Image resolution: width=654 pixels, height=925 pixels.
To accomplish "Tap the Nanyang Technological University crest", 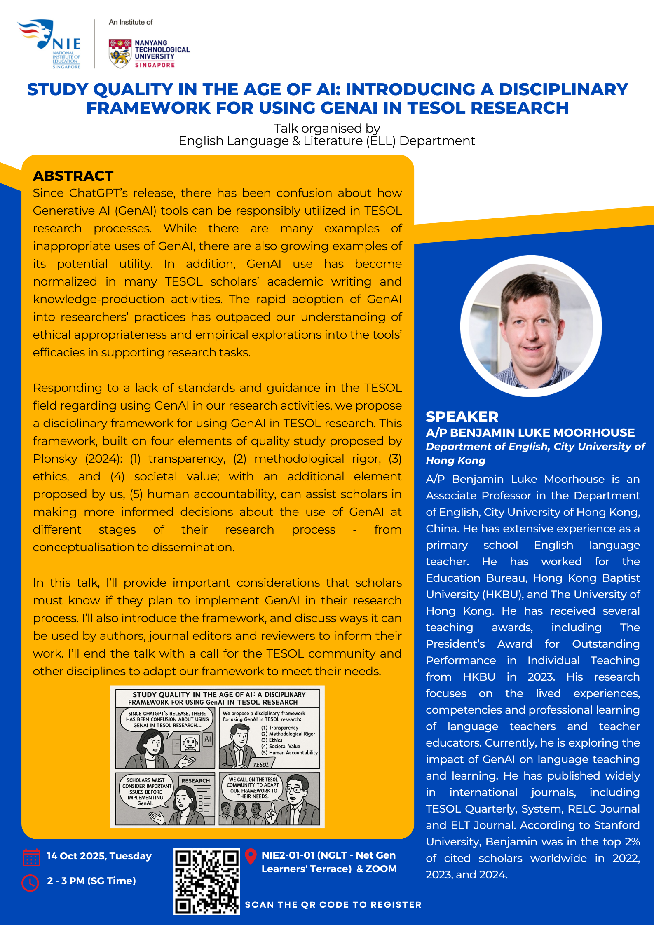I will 120,53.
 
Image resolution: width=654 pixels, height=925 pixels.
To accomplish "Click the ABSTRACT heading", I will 73,176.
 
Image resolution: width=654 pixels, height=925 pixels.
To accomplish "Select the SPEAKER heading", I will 462,417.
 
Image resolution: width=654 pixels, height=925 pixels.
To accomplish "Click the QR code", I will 207,881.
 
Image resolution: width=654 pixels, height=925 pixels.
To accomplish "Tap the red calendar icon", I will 31,858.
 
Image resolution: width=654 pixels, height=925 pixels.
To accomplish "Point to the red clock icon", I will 30,882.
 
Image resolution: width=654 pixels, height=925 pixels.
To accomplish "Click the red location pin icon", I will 251,856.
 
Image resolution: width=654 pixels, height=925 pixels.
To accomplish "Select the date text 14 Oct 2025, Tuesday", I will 99,856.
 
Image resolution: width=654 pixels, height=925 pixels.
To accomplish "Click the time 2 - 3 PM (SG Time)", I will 91,881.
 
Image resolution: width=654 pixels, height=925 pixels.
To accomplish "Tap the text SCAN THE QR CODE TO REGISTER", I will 333,904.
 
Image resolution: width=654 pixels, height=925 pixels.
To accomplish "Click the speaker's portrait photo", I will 531,326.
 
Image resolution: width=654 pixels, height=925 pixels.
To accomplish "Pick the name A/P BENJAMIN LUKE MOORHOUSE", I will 530,433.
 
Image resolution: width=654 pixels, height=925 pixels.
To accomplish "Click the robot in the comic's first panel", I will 190,743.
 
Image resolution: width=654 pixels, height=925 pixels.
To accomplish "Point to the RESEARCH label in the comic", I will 196,781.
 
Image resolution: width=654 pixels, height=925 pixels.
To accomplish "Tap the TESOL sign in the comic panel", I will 261,765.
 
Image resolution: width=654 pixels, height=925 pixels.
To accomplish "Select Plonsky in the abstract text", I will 55,459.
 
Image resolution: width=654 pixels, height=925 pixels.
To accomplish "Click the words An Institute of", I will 131,22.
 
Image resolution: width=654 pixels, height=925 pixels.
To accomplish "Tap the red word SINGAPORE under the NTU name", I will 155,65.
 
